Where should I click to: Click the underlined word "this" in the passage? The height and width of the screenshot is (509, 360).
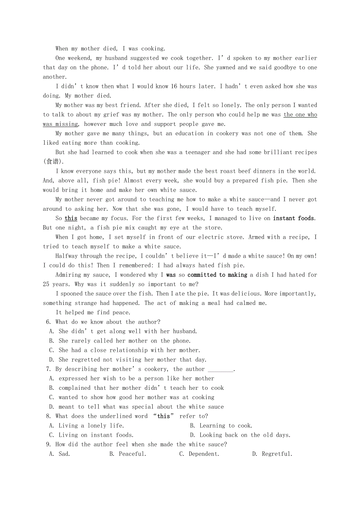71,218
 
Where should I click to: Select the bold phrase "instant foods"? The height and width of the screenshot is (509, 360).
294,218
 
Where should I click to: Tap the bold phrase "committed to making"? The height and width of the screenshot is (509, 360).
217,275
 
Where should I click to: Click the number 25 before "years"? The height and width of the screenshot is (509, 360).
46,284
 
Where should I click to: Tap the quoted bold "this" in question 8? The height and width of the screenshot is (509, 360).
164,416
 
